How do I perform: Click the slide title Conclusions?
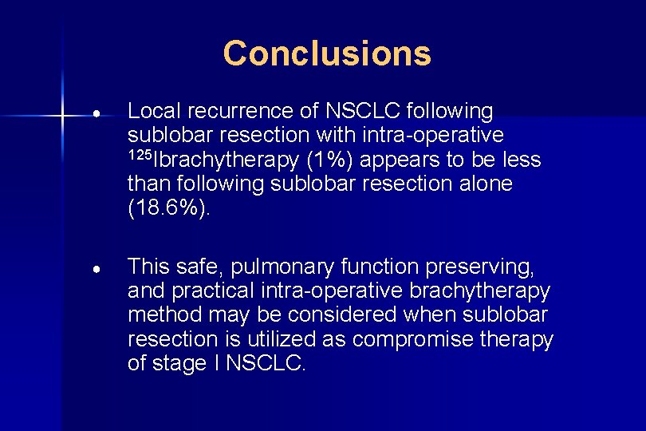pyautogui.click(x=327, y=53)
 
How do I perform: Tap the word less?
pyautogui.click(x=524, y=160)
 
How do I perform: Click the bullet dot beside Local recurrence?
pyautogui.click(x=95, y=113)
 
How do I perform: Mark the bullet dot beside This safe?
pyautogui.click(x=95, y=269)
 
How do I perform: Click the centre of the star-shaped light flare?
pyautogui.click(x=62, y=117)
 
